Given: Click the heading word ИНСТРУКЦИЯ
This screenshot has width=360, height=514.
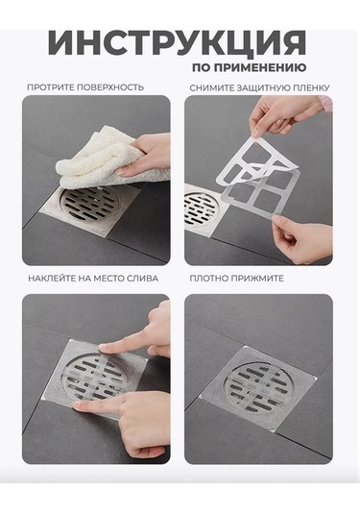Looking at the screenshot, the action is pos(178,43).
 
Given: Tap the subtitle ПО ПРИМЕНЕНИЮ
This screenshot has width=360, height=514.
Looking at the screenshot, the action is pos(249,67).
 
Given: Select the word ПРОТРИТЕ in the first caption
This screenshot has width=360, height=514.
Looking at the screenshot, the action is pos(51,87).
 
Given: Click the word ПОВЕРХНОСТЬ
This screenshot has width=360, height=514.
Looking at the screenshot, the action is pos(110,87).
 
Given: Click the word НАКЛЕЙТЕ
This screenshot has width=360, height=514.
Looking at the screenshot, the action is pos(52,279).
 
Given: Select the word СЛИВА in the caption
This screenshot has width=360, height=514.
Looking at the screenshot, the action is pos(142,279).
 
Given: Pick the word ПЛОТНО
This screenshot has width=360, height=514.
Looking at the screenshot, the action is pos(208,279).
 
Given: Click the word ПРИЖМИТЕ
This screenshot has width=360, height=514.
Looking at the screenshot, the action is pos(257,279).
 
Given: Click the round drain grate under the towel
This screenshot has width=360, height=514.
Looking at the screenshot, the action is pos(89,205).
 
